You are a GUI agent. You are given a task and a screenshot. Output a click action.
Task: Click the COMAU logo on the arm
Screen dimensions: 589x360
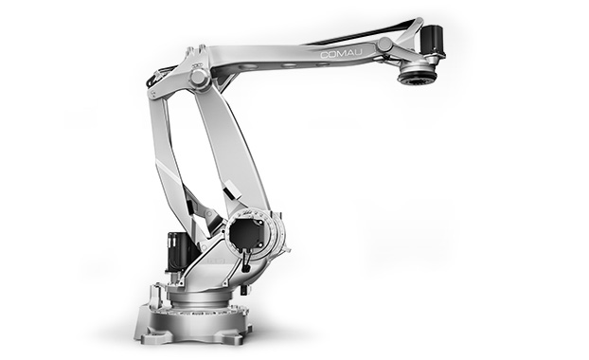(342, 54)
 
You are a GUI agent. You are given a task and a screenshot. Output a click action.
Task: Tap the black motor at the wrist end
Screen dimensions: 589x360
(432, 39)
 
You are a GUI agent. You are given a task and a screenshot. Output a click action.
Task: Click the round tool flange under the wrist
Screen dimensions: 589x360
(418, 76)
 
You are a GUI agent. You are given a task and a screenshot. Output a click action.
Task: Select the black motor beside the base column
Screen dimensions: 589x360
(180, 251)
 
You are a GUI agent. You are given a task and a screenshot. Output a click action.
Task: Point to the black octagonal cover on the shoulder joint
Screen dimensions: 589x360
(245, 234)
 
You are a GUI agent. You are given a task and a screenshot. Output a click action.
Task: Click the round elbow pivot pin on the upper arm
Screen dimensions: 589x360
(199, 78)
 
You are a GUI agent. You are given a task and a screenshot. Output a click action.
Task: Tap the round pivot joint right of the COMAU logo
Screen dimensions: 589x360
(384, 45)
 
